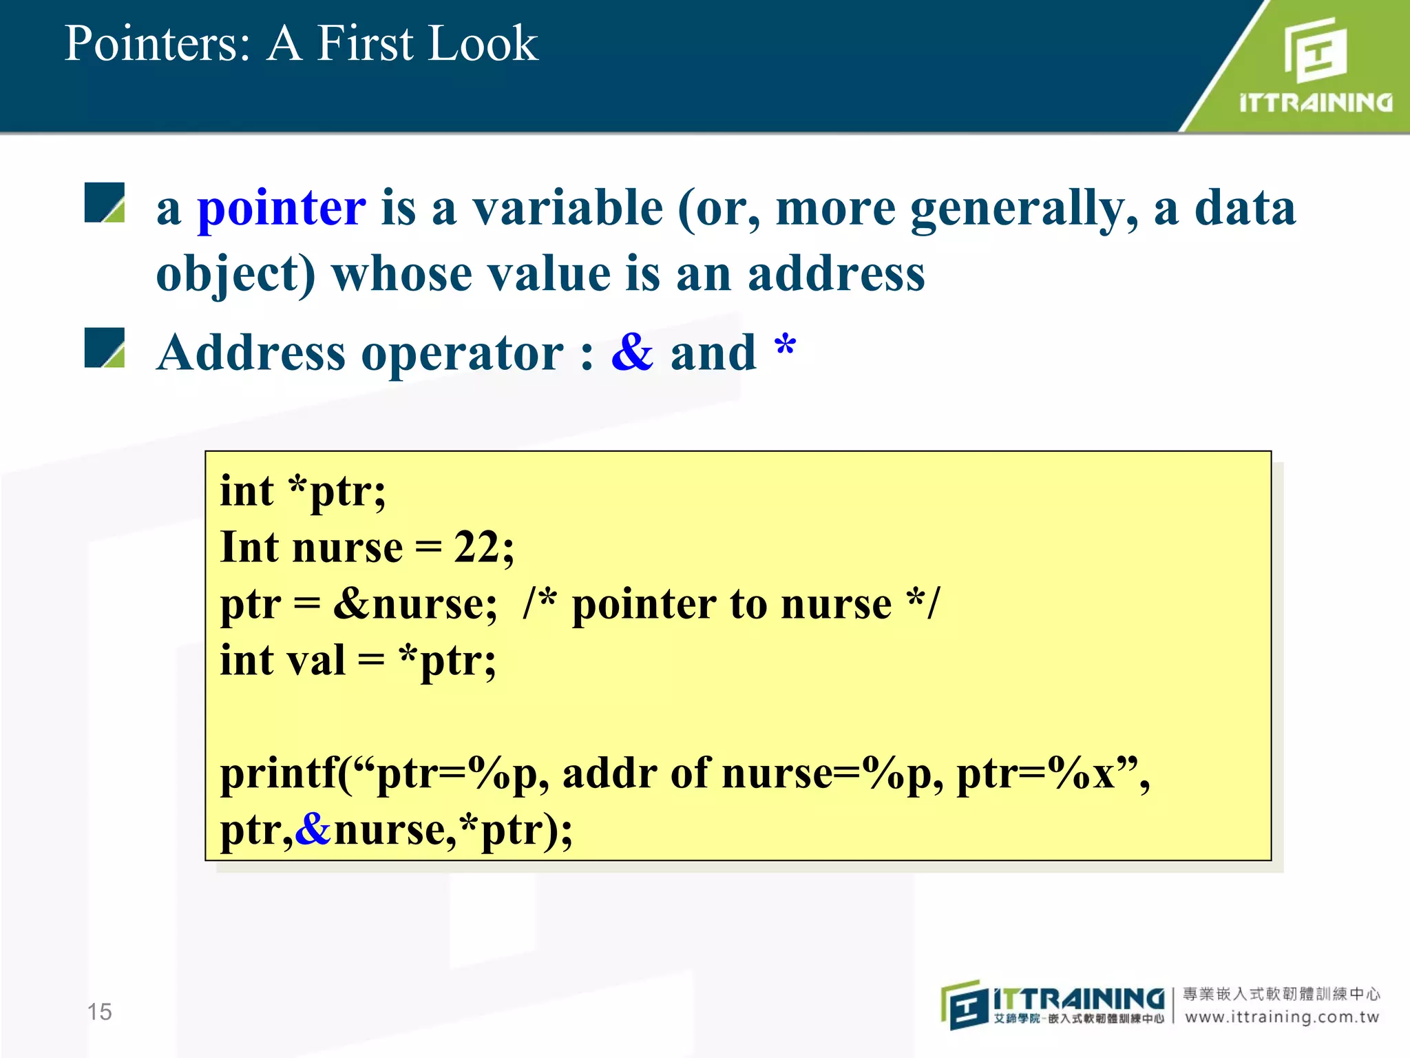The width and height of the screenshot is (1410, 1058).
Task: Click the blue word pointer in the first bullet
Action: pyautogui.click(x=281, y=209)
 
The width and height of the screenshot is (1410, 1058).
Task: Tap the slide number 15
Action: pyautogui.click(x=99, y=1012)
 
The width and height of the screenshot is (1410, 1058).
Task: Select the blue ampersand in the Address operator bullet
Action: pyautogui.click(x=632, y=353)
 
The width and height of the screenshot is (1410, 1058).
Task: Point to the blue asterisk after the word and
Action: pyautogui.click(x=785, y=346)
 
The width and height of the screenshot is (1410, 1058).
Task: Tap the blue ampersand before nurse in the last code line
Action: pyautogui.click(x=313, y=829)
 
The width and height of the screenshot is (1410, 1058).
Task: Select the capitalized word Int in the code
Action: pyautogui.click(x=249, y=548)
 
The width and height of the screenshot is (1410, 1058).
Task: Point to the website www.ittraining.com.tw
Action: pyautogui.click(x=1282, y=1017)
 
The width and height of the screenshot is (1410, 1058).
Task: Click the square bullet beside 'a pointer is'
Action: pyautogui.click(x=105, y=203)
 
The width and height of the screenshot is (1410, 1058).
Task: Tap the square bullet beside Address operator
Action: pyautogui.click(x=105, y=348)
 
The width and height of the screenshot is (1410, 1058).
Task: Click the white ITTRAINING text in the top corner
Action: pyautogui.click(x=1315, y=103)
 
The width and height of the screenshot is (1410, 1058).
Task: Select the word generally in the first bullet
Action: pyautogui.click(x=1023, y=209)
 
